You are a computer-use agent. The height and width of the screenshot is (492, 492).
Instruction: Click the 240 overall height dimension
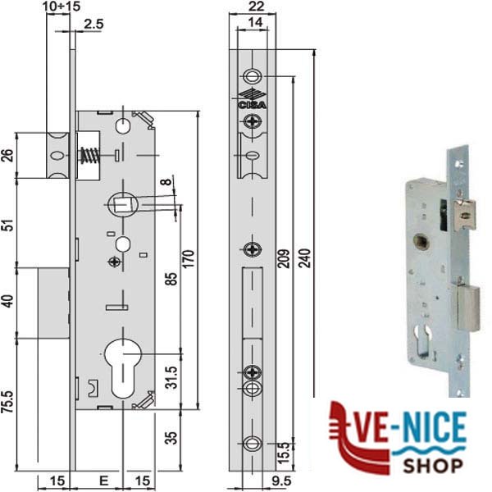click(304, 258)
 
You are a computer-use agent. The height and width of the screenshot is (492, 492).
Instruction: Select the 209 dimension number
click(284, 258)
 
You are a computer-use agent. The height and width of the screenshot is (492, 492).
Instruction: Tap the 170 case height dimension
click(188, 258)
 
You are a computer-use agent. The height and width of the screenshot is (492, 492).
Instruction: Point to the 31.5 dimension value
click(171, 377)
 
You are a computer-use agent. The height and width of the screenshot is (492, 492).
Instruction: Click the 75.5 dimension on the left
click(9, 401)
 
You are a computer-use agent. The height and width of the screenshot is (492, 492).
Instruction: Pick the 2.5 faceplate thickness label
click(93, 24)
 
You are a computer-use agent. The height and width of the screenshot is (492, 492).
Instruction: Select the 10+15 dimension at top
click(61, 7)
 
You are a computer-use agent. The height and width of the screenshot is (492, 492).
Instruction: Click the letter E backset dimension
click(103, 481)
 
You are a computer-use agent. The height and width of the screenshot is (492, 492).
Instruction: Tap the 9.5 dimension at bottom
click(281, 481)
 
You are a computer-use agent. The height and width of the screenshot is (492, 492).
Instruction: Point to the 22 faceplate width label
click(256, 7)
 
